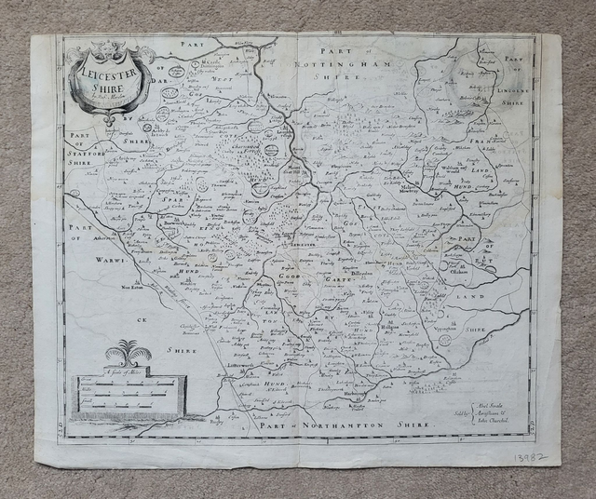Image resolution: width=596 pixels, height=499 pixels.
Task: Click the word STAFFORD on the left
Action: pos(89,147)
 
